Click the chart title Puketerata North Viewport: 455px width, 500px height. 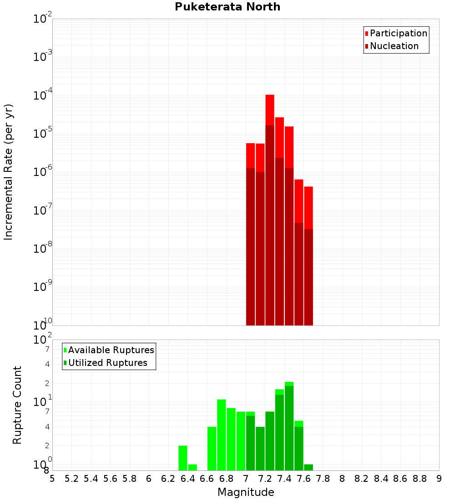click(x=227, y=7)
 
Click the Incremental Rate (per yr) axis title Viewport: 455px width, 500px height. click(x=9, y=172)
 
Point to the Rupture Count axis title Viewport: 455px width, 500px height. click(x=17, y=405)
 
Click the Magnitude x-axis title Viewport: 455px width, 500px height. click(x=246, y=492)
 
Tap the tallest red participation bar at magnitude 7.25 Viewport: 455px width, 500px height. click(x=270, y=109)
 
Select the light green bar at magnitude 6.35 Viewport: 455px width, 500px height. click(x=183, y=458)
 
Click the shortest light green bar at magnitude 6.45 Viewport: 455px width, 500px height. click(x=192, y=467)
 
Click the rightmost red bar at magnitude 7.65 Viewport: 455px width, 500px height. click(x=308, y=255)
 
